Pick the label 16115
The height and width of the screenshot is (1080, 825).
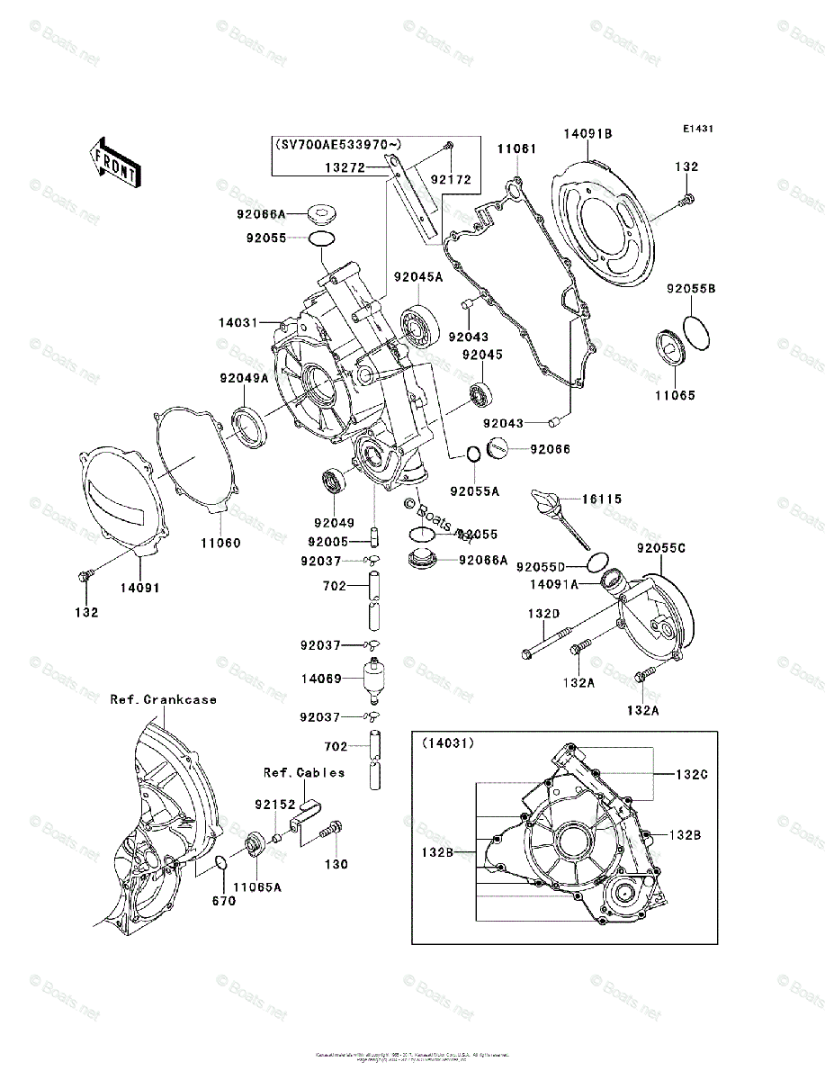(602, 499)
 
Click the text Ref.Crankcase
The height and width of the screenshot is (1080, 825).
(164, 699)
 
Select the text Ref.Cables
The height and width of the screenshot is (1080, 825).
(304, 772)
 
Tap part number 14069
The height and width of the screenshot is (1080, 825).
(321, 679)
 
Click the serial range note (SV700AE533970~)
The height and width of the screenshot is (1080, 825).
(339, 144)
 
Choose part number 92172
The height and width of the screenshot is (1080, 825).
(450, 180)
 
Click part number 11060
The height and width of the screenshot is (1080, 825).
(220, 544)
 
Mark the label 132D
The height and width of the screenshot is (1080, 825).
(543, 613)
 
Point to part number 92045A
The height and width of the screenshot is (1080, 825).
(417, 278)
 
